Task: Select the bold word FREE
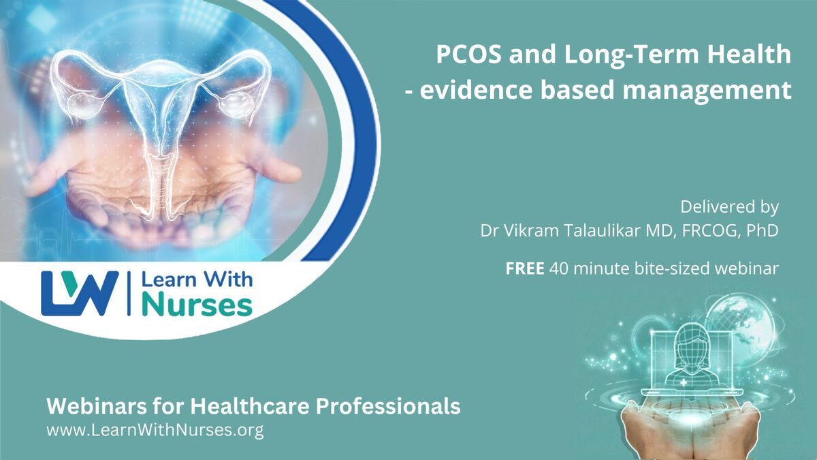(525, 269)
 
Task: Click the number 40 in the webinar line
(558, 269)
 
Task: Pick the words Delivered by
(729, 206)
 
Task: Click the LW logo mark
(80, 294)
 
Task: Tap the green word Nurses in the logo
(197, 305)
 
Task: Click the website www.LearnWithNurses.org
(155, 430)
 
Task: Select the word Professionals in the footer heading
(388, 406)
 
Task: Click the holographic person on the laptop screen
(692, 357)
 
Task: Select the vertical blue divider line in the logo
(129, 294)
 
